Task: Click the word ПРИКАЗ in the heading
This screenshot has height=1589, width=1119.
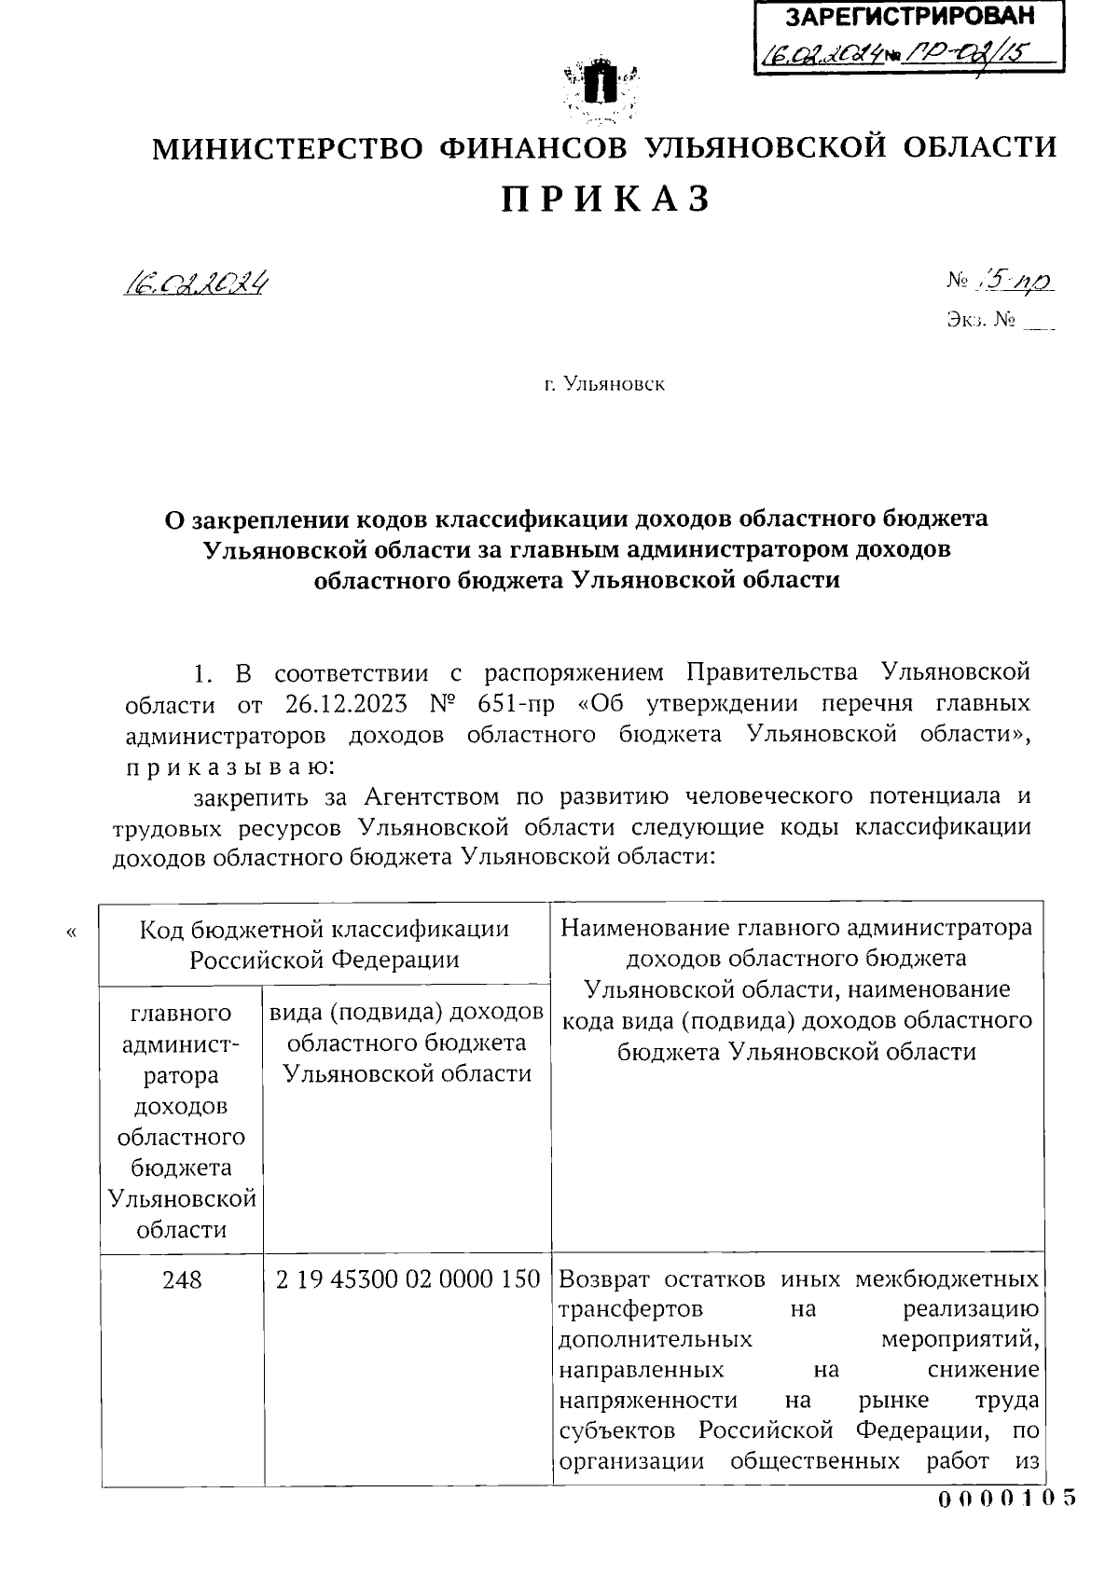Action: (x=606, y=199)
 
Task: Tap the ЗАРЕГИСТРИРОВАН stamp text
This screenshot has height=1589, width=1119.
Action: (x=910, y=17)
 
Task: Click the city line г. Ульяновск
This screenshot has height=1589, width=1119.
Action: (x=605, y=384)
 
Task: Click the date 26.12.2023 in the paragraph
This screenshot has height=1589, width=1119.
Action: (x=352, y=703)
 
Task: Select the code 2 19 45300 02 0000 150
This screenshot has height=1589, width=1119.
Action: (x=408, y=1279)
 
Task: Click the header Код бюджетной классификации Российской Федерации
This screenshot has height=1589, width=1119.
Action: (x=325, y=944)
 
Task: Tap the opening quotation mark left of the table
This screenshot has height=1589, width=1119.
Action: (x=73, y=932)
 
